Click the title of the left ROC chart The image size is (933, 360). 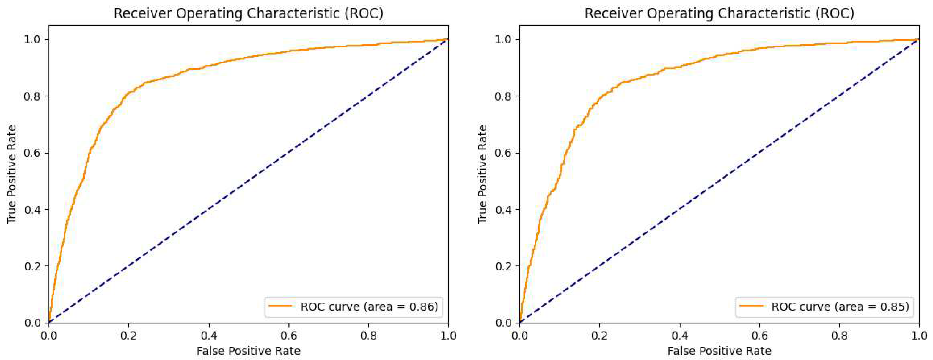[249, 13]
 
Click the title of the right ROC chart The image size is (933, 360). [719, 13]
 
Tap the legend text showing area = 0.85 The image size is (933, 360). [840, 306]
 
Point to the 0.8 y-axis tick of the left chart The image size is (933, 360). [32, 96]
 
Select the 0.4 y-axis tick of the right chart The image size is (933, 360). [503, 210]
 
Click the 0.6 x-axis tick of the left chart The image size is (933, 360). [289, 336]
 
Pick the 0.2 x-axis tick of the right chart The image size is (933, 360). [599, 336]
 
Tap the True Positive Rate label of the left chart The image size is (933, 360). [12, 174]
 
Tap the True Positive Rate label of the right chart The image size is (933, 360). [483, 174]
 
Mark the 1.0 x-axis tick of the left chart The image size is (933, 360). [448, 336]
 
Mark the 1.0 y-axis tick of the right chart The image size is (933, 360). [503, 39]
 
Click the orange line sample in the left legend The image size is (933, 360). [280, 306]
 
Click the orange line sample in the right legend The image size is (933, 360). [751, 306]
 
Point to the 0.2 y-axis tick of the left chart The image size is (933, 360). [32, 266]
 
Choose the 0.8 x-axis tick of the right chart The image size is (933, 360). [839, 336]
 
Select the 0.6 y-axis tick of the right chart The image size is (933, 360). [503, 153]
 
